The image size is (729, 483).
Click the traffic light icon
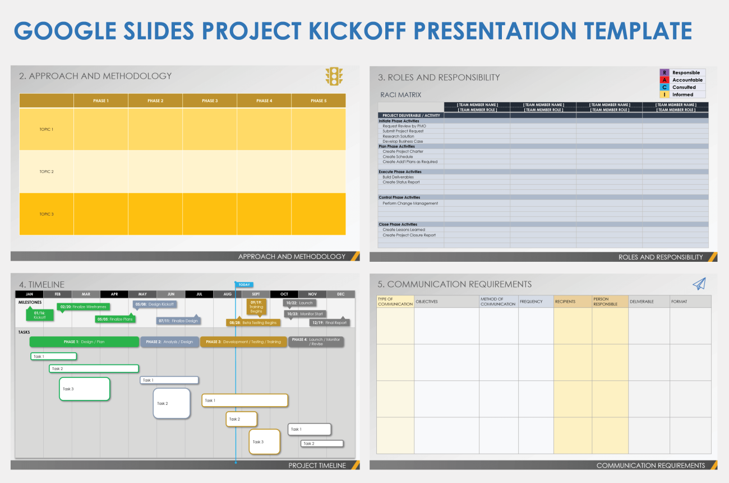coord(334,76)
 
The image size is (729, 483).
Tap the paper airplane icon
coord(699,284)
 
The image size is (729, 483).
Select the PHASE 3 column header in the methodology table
coord(209,101)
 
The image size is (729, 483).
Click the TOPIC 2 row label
coord(47,171)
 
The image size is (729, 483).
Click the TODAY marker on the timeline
coord(244,285)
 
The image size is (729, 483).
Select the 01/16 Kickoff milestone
coord(39,315)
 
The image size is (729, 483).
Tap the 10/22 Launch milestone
coord(299,303)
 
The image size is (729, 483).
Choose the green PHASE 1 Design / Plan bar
coord(84,341)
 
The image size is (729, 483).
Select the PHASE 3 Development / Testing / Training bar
coord(243,341)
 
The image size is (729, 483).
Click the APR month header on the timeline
coord(114,294)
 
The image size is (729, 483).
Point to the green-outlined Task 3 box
coord(84,389)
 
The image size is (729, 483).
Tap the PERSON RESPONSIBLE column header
coord(610,302)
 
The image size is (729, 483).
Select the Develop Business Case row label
coord(403,142)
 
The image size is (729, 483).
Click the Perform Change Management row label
coord(410,203)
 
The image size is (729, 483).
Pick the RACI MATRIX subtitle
coord(400,95)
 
